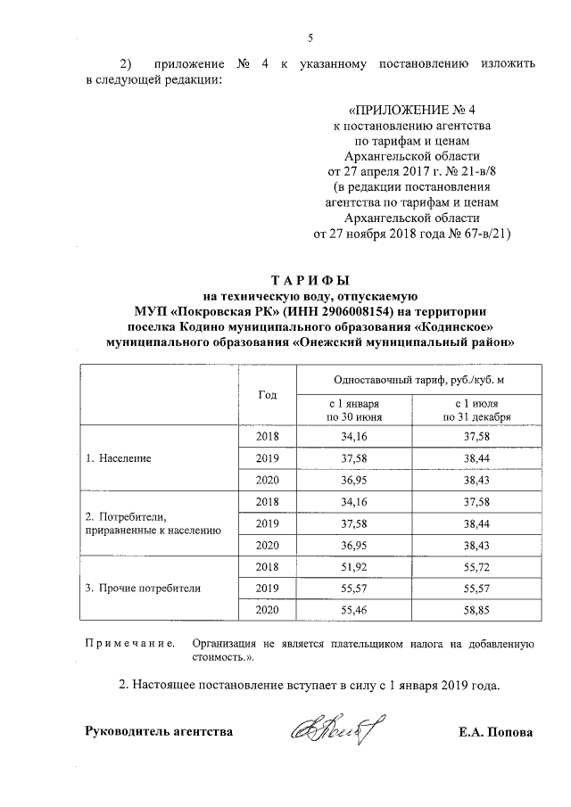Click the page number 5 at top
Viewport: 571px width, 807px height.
coord(310,37)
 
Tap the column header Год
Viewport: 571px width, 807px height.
coord(267,395)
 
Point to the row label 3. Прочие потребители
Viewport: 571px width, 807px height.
coord(142,588)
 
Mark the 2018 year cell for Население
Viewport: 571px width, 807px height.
coord(267,437)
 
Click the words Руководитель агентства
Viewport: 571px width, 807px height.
coord(158,733)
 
